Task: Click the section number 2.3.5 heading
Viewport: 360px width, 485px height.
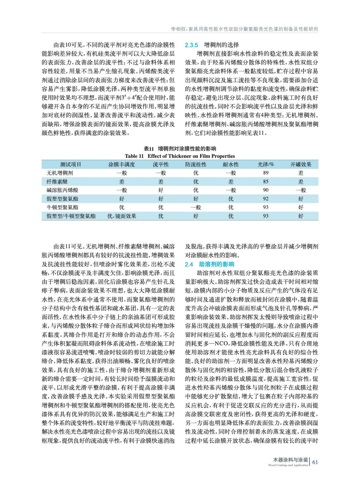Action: point(191,45)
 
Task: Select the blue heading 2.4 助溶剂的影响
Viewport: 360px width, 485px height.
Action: point(210,264)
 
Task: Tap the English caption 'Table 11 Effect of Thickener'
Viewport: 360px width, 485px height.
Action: point(180,156)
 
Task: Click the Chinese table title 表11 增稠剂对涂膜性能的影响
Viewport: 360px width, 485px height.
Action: point(180,149)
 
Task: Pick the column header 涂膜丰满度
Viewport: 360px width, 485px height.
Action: point(122,165)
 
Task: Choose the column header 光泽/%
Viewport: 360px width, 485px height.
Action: point(266,165)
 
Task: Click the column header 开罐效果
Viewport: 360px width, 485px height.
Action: point(301,165)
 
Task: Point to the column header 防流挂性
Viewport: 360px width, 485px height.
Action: point(196,165)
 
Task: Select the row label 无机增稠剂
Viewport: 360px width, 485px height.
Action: point(60,173)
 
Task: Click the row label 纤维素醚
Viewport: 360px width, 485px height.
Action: point(57,182)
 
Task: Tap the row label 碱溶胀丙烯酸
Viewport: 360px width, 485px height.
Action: point(62,190)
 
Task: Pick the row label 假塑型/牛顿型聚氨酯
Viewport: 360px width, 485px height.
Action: point(71,216)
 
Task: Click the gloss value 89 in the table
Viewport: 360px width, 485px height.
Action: point(266,173)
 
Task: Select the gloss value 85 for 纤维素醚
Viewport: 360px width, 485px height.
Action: point(266,182)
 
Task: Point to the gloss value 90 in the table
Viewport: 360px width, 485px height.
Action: point(266,190)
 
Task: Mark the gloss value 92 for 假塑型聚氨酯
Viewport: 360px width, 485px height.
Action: point(266,199)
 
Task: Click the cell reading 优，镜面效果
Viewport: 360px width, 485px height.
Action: point(122,216)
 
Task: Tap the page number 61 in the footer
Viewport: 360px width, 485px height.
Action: point(315,462)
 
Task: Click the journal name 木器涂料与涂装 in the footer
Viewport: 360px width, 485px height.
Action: point(290,460)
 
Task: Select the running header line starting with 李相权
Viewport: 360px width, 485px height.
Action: point(244,29)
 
